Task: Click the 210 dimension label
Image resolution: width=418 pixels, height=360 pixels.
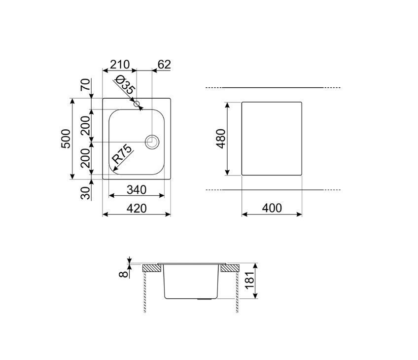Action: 120,65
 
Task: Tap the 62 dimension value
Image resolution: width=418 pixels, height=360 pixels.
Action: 164,65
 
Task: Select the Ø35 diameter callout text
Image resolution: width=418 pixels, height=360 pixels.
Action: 125,85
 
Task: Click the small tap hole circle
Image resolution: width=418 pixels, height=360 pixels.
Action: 137,104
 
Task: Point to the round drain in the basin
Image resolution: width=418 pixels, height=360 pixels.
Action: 152,142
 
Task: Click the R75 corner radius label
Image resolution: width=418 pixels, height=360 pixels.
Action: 122,154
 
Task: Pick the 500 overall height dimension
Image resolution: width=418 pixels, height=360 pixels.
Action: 66,139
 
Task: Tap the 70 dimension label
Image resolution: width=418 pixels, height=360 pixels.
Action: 86,85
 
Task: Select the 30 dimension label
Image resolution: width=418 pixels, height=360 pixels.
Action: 86,193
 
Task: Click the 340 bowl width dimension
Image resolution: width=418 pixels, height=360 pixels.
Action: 137,190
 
